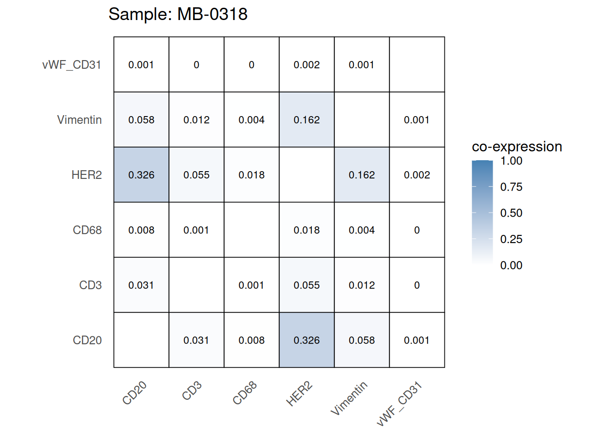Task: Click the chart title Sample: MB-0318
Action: (x=178, y=15)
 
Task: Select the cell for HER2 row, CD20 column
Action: (x=141, y=175)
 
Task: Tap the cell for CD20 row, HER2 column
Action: (x=306, y=340)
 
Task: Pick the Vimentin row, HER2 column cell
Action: (x=306, y=120)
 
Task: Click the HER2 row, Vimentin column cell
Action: (x=362, y=175)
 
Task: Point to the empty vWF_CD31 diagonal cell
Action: (x=417, y=65)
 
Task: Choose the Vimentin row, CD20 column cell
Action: (x=141, y=120)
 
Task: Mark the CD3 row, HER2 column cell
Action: (x=306, y=285)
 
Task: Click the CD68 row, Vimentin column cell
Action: (x=362, y=230)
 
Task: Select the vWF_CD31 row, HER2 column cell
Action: (x=306, y=65)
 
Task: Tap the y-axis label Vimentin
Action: (x=79, y=120)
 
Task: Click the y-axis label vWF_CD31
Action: (x=71, y=65)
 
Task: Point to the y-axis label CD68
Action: (x=87, y=230)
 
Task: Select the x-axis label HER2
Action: (x=299, y=394)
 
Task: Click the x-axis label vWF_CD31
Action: (x=400, y=404)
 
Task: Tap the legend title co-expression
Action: (x=517, y=147)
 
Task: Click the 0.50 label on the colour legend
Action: (x=511, y=213)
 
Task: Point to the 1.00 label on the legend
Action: (x=511, y=161)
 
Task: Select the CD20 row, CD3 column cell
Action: (x=196, y=340)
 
